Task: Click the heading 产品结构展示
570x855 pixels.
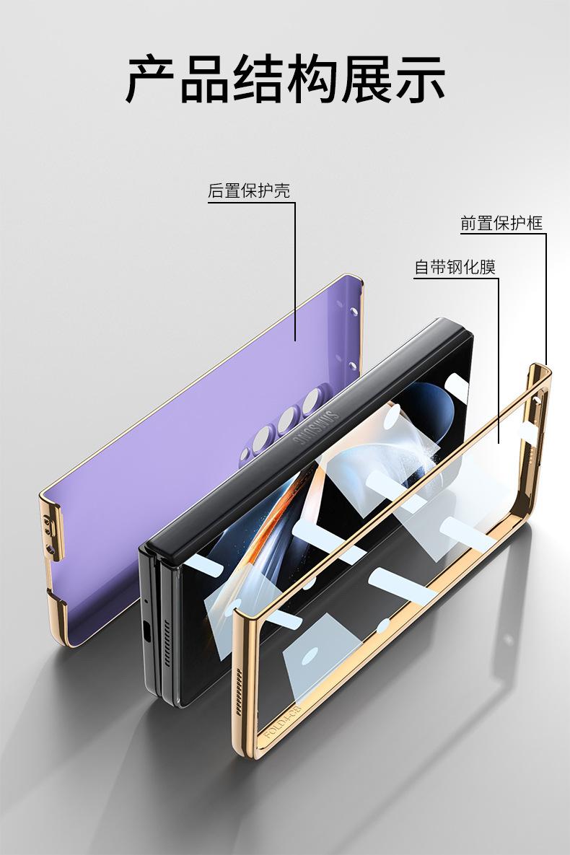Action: pos(285,78)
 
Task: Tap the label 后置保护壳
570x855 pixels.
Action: pos(249,191)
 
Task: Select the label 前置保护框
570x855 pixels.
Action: pos(501,223)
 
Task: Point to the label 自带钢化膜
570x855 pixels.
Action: pos(455,268)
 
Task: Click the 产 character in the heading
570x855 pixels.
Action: pos(151,78)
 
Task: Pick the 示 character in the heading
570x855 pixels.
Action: pos(419,78)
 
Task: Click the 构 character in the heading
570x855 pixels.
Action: pos(312,78)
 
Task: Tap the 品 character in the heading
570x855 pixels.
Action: pos(205,78)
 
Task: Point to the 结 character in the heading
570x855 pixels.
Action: pos(258,78)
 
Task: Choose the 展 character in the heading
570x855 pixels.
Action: pos(366,78)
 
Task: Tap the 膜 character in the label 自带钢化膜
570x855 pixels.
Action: pos(488,268)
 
